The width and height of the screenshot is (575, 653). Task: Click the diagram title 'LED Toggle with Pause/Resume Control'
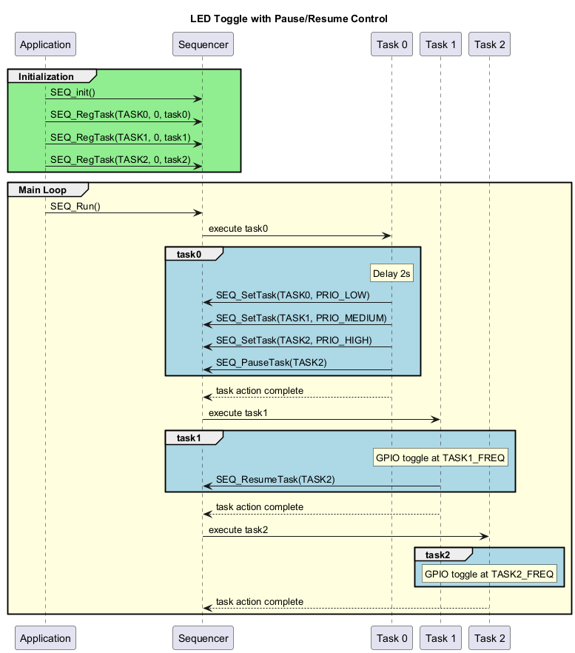pos(288,19)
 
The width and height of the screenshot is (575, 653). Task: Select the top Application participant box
pos(45,44)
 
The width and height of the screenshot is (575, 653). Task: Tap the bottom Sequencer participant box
pos(203,637)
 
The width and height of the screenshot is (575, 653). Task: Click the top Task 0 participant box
pos(391,44)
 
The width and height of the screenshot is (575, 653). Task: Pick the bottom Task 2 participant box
pos(489,637)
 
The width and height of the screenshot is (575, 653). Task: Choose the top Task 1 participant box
pos(440,44)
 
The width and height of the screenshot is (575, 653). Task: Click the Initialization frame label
pos(46,76)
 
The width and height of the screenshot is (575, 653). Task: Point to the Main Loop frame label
pos(43,190)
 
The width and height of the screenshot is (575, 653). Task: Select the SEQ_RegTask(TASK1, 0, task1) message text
pos(120,137)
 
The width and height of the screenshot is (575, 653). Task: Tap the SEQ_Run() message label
pos(75,206)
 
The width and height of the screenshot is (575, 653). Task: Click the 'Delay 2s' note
pos(391,274)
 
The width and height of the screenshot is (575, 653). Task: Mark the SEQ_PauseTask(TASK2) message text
pos(271,362)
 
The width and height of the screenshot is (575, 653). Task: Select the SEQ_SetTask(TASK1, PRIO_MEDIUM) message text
pos(301,318)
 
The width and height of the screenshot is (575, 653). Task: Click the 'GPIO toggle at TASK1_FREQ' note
pos(440,458)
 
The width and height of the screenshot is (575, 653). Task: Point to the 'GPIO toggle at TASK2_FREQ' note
pos(489,574)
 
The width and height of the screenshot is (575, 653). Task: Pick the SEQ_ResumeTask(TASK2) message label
pos(275,479)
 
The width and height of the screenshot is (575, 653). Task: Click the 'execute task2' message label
pos(238,529)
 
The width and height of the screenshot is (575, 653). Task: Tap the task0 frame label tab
pos(189,255)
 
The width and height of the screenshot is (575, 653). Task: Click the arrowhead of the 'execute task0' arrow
pos(387,236)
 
